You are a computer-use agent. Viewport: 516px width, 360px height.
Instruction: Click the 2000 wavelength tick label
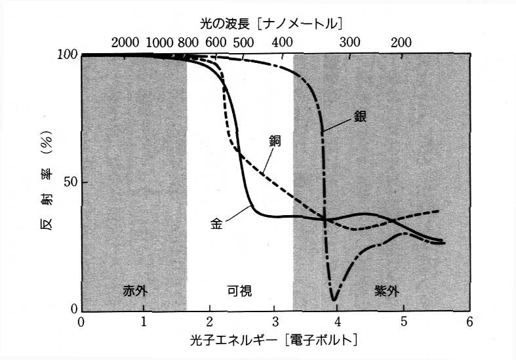point(125,43)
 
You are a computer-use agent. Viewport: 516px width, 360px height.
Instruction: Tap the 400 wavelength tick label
point(283,43)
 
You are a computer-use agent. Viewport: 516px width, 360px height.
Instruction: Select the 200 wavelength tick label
point(401,43)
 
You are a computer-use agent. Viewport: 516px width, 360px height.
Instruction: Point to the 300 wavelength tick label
point(349,43)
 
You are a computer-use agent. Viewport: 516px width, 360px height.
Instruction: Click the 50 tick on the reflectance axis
point(68,182)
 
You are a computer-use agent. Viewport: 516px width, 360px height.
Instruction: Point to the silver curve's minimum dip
point(334,300)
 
